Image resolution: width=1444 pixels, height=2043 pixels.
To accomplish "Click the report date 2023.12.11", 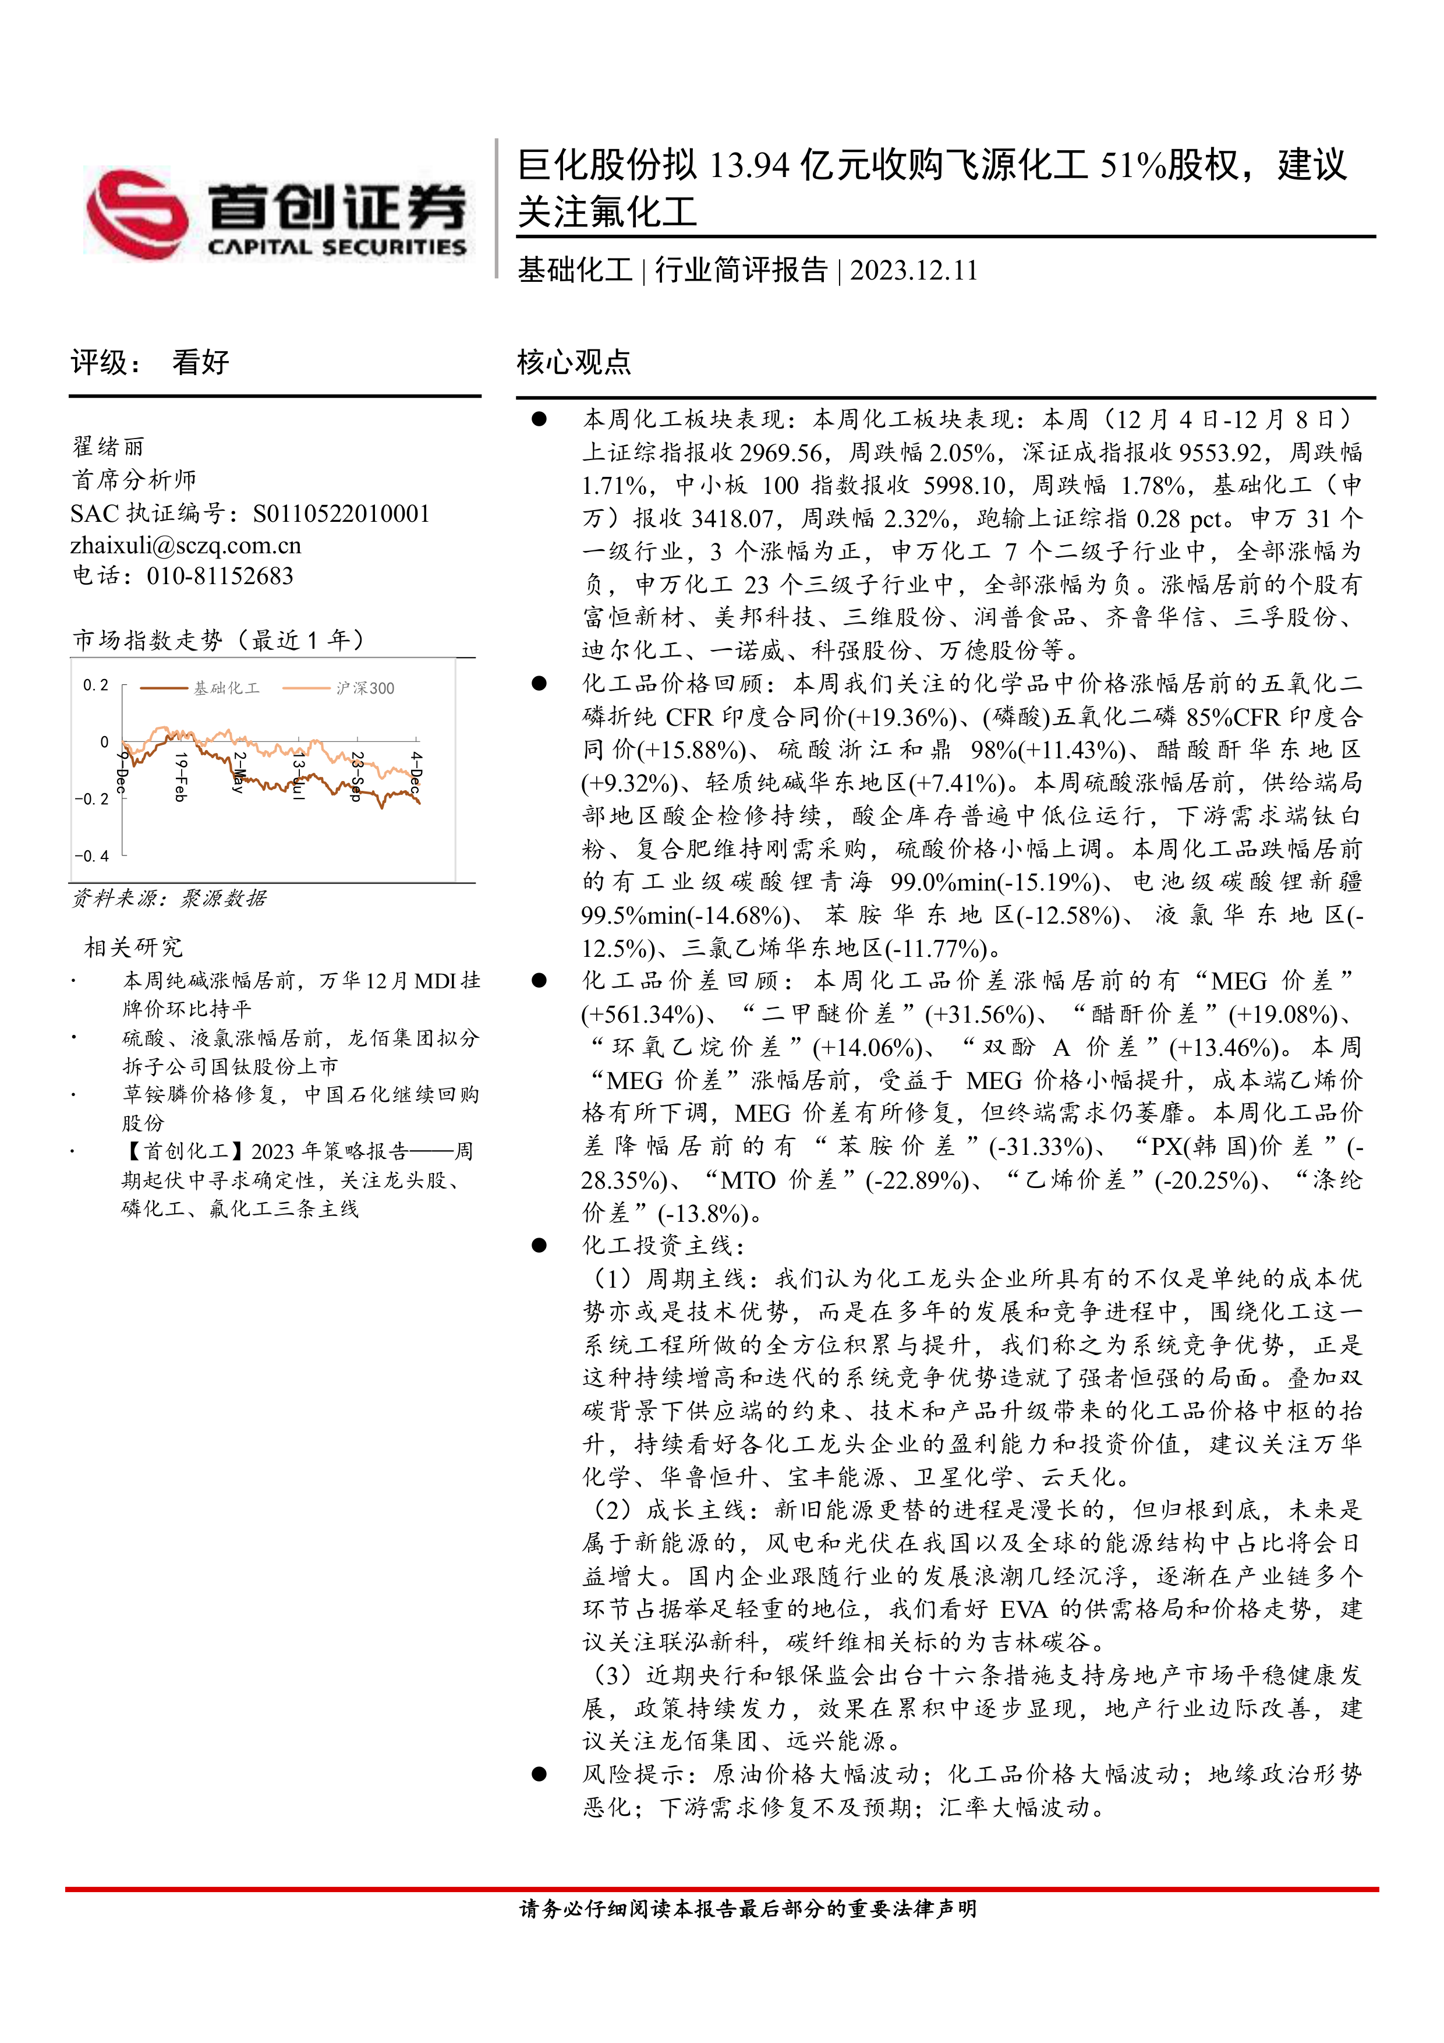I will pos(913,270).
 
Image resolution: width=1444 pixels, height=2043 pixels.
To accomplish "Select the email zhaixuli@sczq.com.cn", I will pos(186,545).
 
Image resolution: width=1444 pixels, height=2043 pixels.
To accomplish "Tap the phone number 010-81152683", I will pos(220,577).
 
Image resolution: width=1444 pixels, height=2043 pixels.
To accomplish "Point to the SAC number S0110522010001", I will pos(341,514).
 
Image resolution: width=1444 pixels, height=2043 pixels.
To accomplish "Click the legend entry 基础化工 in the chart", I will pos(226,688).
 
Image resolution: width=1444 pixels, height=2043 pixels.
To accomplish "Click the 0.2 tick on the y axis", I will pos(95,685).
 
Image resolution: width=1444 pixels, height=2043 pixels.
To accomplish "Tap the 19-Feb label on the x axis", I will pos(180,776).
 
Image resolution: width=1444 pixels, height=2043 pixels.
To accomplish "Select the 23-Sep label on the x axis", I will pos(357,776).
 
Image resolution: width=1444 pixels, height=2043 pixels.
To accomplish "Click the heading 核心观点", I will pos(574,362).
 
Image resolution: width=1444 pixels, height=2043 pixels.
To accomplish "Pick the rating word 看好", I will pos(200,362).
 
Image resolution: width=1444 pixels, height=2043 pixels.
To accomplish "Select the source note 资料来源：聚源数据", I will pos(169,899).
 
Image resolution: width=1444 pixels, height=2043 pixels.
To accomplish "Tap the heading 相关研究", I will pos(133,947).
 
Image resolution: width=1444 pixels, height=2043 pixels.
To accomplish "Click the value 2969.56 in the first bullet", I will pos(781,453).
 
